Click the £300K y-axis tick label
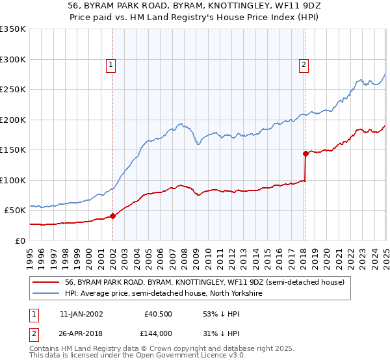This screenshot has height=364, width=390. click(x=13, y=59)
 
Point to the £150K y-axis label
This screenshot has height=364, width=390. click(x=13, y=150)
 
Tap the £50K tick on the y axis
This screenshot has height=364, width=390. click(x=16, y=211)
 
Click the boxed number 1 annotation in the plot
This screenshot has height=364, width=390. click(x=112, y=64)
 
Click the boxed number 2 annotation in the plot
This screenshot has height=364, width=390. click(x=304, y=64)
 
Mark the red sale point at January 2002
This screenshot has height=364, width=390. click(x=112, y=216)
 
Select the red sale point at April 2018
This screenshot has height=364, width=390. click(x=305, y=154)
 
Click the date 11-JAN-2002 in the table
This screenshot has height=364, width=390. click(x=81, y=313)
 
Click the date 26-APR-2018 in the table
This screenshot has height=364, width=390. click(x=81, y=333)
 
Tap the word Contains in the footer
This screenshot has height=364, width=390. click(x=47, y=350)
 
